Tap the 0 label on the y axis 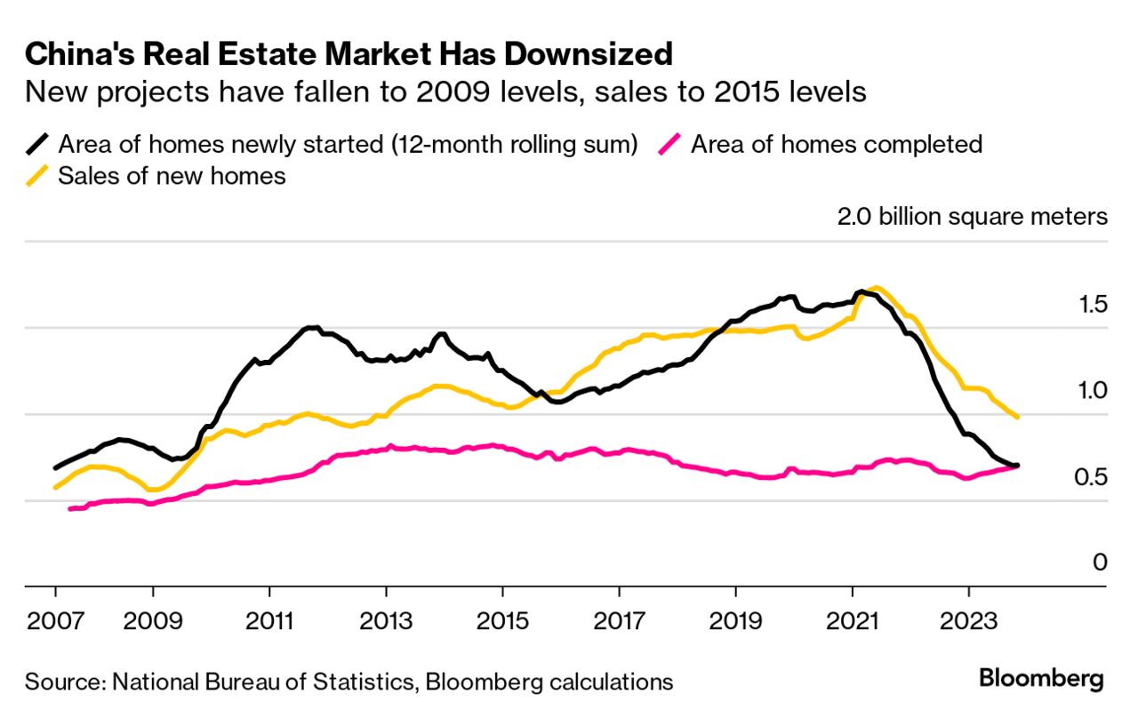point(1101,562)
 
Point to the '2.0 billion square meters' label point(972,217)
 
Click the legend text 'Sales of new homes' point(172,176)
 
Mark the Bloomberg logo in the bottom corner point(1041,680)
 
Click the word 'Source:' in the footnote point(63,682)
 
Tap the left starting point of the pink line point(69,509)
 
